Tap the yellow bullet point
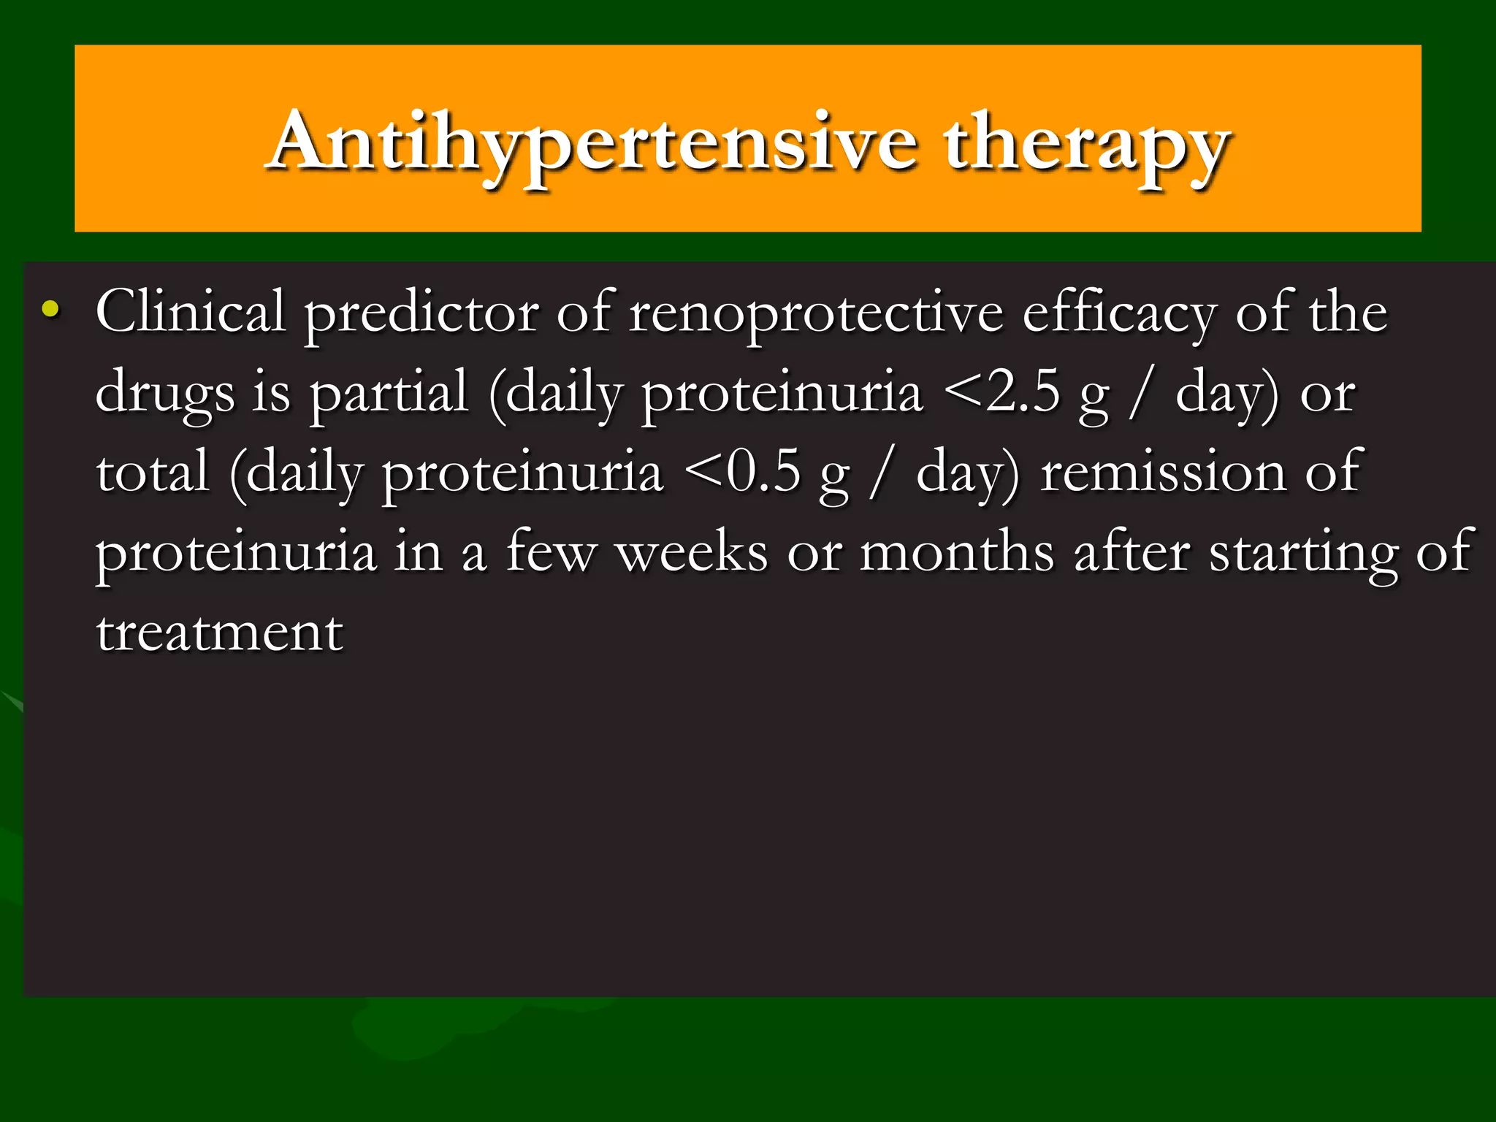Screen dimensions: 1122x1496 50,309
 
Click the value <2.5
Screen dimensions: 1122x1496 1001,393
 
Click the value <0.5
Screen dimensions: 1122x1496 742,473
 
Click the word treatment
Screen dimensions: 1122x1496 219,633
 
